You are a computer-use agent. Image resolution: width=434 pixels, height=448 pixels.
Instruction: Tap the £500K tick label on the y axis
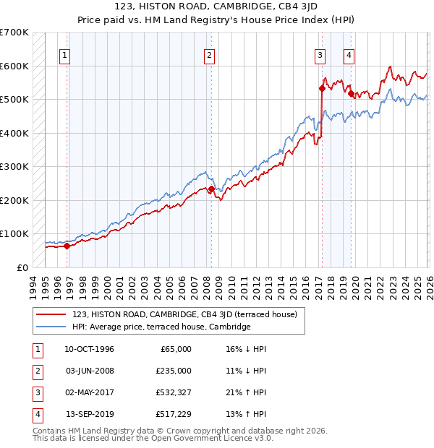click(x=14, y=99)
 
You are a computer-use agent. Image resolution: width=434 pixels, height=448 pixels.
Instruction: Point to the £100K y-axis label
click(x=14, y=233)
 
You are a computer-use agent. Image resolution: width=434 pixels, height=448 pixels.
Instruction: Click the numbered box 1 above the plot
click(x=65, y=55)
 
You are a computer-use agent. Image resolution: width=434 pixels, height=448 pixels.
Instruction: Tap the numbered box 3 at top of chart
click(x=320, y=55)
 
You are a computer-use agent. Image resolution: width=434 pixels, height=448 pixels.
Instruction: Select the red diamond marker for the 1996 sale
click(x=67, y=246)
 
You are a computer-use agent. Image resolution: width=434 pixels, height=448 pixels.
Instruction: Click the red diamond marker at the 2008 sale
click(x=211, y=189)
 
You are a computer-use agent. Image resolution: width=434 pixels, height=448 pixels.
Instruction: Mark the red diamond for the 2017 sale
click(x=322, y=89)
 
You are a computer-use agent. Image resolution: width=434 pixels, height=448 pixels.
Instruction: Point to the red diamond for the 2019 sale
click(x=351, y=93)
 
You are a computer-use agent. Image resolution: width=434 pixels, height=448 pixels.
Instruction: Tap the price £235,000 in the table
click(x=174, y=371)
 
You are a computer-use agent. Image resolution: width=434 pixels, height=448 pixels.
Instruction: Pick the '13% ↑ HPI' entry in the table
click(x=246, y=414)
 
